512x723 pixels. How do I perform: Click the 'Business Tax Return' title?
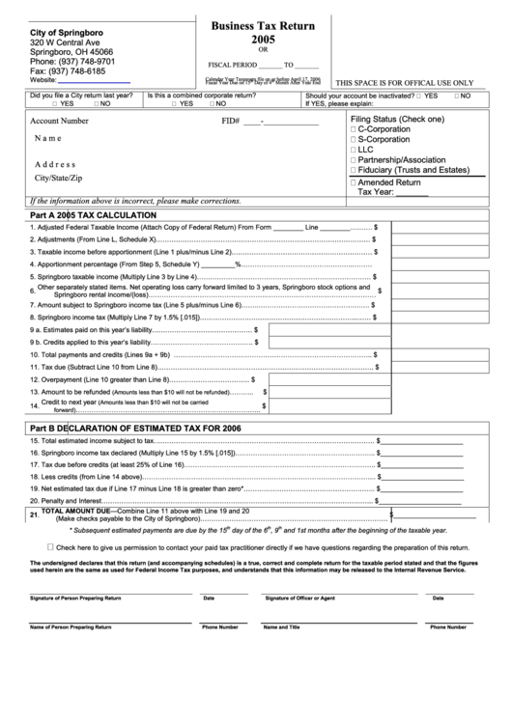point(257,27)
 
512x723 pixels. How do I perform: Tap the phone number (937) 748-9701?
point(72,61)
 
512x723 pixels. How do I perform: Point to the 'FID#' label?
point(230,122)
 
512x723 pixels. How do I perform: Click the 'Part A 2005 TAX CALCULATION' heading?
point(93,214)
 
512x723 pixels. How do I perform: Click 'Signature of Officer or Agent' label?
point(300,598)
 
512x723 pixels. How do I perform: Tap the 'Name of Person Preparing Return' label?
point(71,627)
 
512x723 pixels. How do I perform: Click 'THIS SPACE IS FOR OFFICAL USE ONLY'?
point(404,84)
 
